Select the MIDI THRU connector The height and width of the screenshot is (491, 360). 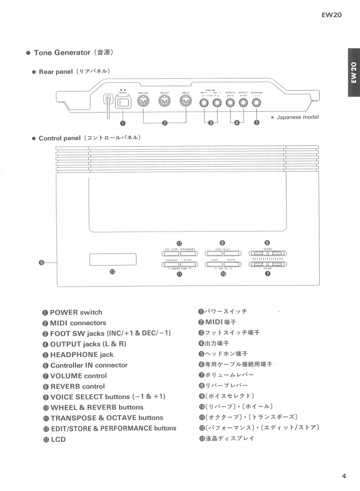pos(143,102)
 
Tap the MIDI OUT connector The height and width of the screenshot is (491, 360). pos(164,102)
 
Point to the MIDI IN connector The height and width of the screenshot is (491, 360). pos(185,102)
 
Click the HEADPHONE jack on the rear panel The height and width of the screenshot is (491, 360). pos(257,103)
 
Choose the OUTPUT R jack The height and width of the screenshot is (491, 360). pos(230,103)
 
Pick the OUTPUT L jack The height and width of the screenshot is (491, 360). pos(244,103)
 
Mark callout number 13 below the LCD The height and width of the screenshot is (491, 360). pos(112,272)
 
